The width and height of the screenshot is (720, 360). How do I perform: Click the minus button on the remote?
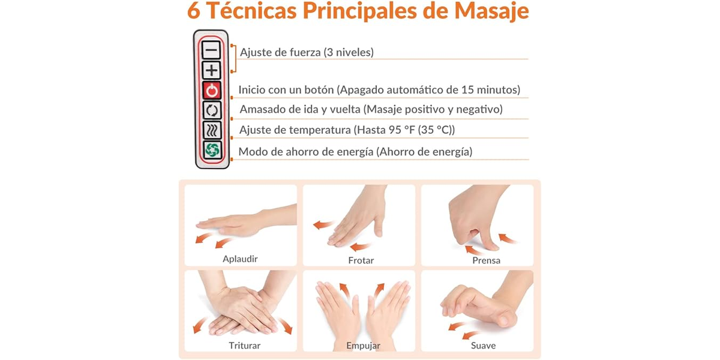click(x=211, y=50)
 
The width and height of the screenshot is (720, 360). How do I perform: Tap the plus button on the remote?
click(x=211, y=70)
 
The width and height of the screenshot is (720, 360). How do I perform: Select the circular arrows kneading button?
click(x=212, y=110)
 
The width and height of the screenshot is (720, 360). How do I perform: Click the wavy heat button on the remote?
click(x=212, y=130)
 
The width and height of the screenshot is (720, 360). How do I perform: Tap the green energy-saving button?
click(x=212, y=150)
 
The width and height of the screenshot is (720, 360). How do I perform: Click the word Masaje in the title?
click(x=491, y=11)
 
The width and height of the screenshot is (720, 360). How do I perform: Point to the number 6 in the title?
click(x=193, y=11)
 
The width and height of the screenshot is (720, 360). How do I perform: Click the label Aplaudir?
click(x=240, y=259)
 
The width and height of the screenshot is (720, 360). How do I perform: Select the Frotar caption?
click(x=361, y=260)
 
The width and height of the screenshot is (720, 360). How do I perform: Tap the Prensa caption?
click(x=486, y=260)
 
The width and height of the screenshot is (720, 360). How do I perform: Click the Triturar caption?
click(x=244, y=346)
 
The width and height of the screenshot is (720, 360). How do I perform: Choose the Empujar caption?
click(x=363, y=346)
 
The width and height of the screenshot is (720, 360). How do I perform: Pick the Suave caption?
click(x=483, y=346)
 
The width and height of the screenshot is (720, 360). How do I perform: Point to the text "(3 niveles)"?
click(x=349, y=52)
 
